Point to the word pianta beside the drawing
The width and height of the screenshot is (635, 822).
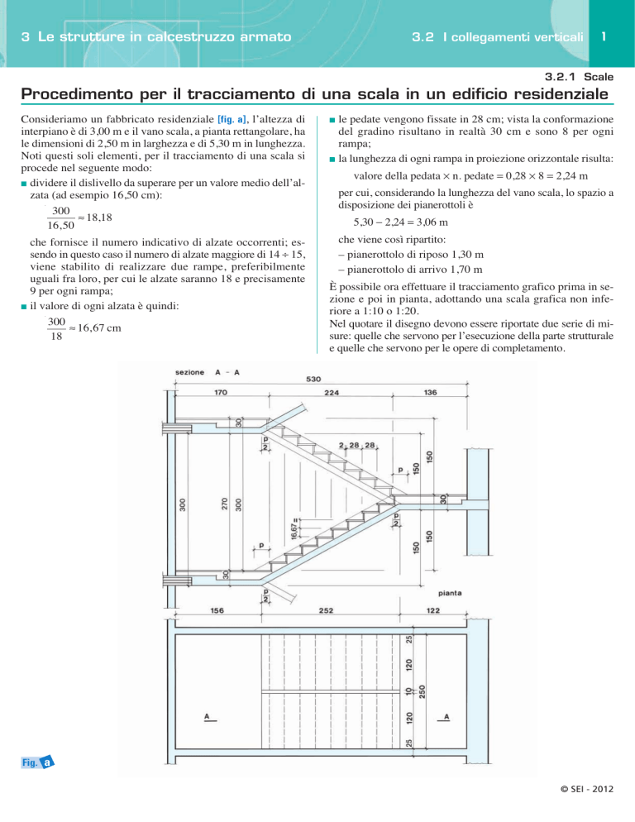click(x=451, y=593)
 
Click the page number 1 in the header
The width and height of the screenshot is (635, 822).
click(x=606, y=36)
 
